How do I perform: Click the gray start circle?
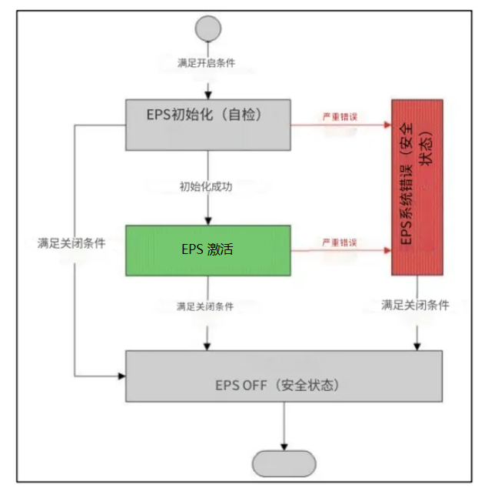tap(207, 28)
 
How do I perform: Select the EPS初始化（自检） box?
tap(208, 124)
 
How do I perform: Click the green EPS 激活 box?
tap(208, 250)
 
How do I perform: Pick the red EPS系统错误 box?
tap(417, 186)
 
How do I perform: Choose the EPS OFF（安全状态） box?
tap(284, 376)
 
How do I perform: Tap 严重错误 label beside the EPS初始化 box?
tap(340, 116)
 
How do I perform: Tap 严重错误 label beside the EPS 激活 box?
tap(340, 243)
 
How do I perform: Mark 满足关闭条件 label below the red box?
tap(416, 305)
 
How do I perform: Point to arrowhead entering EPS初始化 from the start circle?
tap(207, 95)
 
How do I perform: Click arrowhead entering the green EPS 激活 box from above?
tap(207, 220)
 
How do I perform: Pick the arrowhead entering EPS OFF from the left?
tap(121, 376)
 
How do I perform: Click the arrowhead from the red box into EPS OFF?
tap(417, 346)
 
